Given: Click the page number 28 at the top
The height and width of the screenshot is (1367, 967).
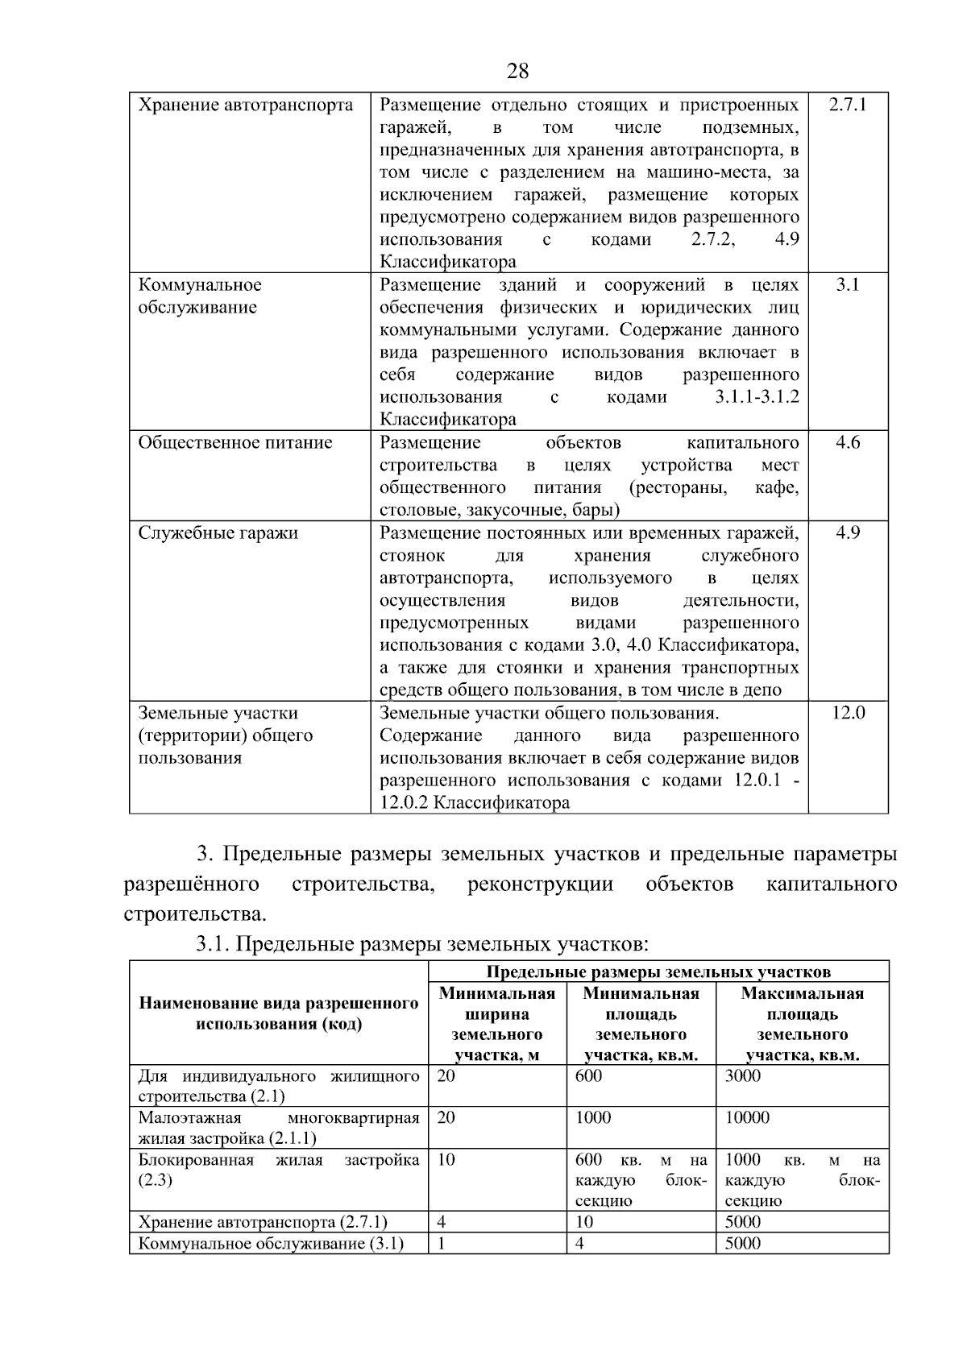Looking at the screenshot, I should tap(518, 72).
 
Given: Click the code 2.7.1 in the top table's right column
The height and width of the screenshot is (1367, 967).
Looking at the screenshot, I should tap(848, 105).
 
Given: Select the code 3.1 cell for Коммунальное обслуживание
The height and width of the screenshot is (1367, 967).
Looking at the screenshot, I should tap(848, 285).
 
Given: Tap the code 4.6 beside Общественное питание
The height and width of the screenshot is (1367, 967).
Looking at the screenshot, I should tap(848, 442).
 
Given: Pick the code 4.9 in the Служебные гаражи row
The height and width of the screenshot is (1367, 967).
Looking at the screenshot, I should tap(848, 532).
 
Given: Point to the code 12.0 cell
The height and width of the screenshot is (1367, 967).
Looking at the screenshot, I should tap(848, 713).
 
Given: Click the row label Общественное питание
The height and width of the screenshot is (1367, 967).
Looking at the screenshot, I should tap(235, 442).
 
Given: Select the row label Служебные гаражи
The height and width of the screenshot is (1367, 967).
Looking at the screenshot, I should tap(218, 532).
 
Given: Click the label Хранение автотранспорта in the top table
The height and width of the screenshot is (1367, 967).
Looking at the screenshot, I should tap(246, 105).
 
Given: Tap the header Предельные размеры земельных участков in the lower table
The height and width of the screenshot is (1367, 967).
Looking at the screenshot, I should tap(658, 971).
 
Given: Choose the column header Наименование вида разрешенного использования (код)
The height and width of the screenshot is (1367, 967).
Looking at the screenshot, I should tap(279, 1013).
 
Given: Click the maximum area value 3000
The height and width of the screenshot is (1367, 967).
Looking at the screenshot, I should tap(742, 1076).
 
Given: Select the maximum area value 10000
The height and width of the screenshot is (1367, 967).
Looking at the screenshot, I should tap(747, 1118).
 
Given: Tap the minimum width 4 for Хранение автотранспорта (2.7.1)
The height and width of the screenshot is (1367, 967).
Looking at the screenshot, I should tap(442, 1222).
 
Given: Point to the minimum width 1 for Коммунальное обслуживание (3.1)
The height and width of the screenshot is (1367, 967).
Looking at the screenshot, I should tap(442, 1243).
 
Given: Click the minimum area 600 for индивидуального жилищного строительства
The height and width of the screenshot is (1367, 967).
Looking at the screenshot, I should tap(588, 1076).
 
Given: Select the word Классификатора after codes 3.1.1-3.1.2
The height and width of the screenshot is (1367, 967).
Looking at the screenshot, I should tap(448, 420).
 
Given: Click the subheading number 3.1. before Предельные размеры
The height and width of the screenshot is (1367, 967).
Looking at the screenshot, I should tap(213, 943).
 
